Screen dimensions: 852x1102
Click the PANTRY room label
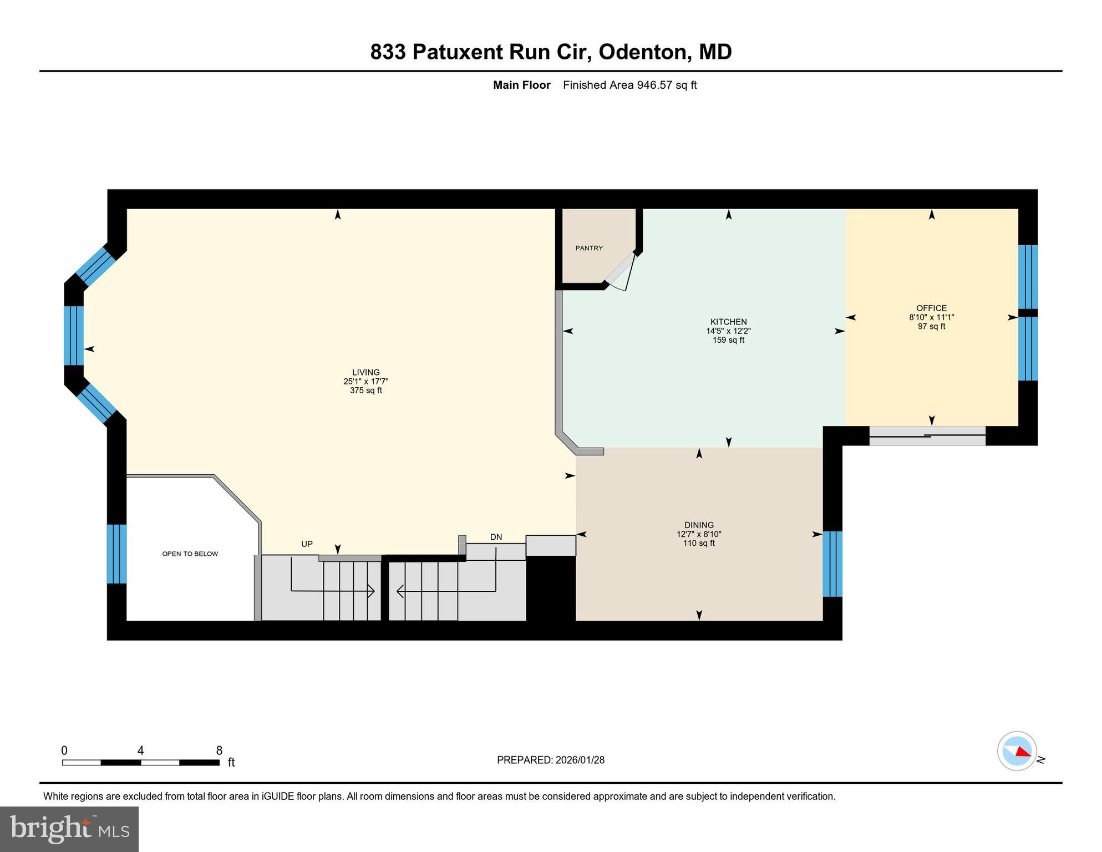[x=588, y=248]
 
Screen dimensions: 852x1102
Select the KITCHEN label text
[x=728, y=322]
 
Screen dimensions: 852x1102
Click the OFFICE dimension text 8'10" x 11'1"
[x=931, y=317]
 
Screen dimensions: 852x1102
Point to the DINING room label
[x=699, y=525]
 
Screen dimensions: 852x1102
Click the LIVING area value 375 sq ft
[x=365, y=390]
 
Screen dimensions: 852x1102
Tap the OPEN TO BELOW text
[x=190, y=554]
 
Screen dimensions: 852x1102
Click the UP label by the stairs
[x=307, y=544]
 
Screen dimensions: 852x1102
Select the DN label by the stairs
[x=496, y=537]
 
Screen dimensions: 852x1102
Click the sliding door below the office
[x=927, y=436]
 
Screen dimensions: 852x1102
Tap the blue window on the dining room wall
[x=832, y=564]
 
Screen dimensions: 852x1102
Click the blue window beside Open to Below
[x=116, y=554]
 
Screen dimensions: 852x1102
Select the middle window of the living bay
[x=74, y=335]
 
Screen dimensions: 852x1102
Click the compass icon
[x=1017, y=751]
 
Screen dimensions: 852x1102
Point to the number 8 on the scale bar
[x=219, y=750]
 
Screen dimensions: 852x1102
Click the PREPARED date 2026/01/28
[x=580, y=760]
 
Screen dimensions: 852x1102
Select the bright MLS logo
[x=69, y=829]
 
